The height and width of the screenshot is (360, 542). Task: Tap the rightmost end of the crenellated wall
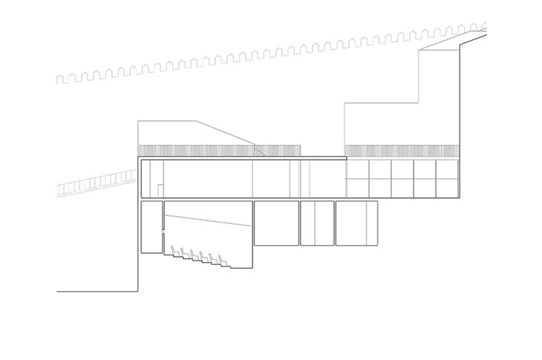tap(484, 26)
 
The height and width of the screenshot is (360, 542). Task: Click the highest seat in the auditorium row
tap(176, 252)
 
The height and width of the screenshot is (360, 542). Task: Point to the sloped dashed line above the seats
tap(208, 220)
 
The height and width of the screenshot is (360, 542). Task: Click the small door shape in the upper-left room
tap(160, 191)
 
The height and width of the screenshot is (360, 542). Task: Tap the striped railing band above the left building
tap(219, 151)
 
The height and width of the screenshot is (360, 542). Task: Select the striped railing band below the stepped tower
tap(401, 151)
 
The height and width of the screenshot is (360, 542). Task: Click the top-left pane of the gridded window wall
tap(357, 169)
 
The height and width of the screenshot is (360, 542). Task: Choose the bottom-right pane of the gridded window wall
tap(447, 189)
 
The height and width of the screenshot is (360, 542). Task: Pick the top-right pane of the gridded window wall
tap(447, 169)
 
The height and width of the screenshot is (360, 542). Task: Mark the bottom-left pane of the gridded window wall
tap(357, 189)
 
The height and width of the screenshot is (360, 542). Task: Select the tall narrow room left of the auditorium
tap(151, 226)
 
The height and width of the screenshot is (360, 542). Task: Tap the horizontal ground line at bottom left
tap(97, 292)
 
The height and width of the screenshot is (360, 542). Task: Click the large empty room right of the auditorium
tap(276, 223)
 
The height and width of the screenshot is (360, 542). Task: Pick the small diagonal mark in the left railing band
tap(259, 151)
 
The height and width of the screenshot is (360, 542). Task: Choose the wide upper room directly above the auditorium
tap(208, 178)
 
